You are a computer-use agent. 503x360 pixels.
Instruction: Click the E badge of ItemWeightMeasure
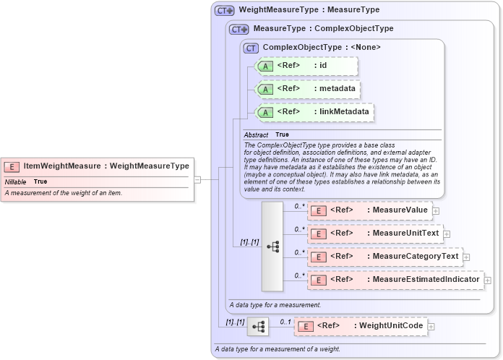[x=12, y=166]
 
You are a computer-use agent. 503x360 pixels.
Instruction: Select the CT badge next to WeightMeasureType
[x=225, y=11]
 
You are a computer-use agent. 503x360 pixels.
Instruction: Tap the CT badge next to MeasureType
[x=239, y=29]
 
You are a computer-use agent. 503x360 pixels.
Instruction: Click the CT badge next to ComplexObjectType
[x=252, y=48]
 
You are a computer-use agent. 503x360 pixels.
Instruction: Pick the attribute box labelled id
[x=306, y=66]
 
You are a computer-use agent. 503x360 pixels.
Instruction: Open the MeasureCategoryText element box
[x=384, y=257]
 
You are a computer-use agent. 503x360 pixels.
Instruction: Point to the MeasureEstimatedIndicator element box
[x=395, y=280]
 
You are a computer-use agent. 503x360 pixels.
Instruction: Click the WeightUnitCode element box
[x=360, y=326]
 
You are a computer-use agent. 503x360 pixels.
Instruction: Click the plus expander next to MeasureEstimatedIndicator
[x=488, y=280]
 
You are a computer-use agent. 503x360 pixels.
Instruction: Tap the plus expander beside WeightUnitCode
[x=431, y=327]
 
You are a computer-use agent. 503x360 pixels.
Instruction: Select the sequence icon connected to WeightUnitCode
[x=258, y=327]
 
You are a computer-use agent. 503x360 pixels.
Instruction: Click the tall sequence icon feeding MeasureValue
[x=272, y=246]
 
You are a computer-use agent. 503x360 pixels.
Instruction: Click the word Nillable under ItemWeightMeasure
[x=16, y=181]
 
